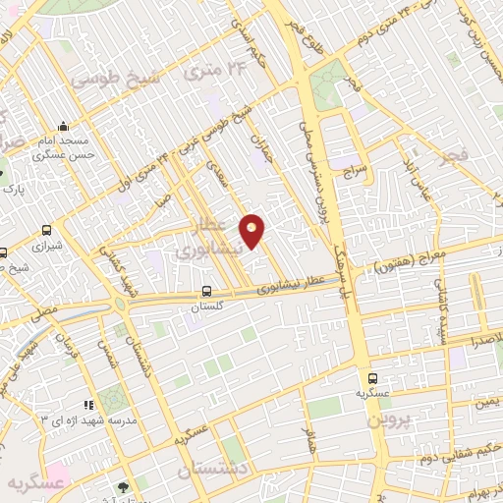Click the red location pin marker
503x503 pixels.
tap(252, 230)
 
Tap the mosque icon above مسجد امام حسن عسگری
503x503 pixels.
tap(64, 126)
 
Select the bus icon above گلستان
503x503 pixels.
tap(206, 292)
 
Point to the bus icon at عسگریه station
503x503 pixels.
tap(372, 377)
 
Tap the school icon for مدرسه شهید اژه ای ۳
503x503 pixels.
tap(88, 404)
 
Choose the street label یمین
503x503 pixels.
tap(487, 403)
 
